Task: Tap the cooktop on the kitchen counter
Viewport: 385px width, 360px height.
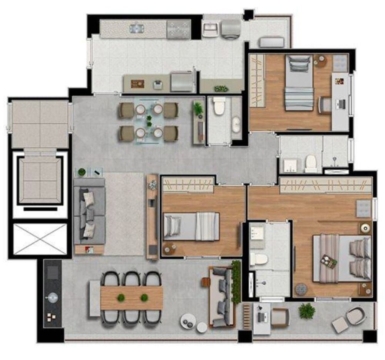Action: tap(178, 29)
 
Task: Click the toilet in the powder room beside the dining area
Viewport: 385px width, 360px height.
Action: tap(219, 106)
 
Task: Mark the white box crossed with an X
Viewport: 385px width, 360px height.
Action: tap(40, 239)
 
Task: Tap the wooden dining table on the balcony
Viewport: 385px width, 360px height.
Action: tap(131, 298)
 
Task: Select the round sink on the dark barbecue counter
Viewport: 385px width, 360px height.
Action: tap(52, 297)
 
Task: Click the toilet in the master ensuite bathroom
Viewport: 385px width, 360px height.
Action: tap(258, 259)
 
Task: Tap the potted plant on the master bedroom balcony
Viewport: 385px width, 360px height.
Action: tap(307, 310)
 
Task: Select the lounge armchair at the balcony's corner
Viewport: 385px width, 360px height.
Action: tap(351, 318)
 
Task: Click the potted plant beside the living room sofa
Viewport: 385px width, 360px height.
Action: tap(81, 172)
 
